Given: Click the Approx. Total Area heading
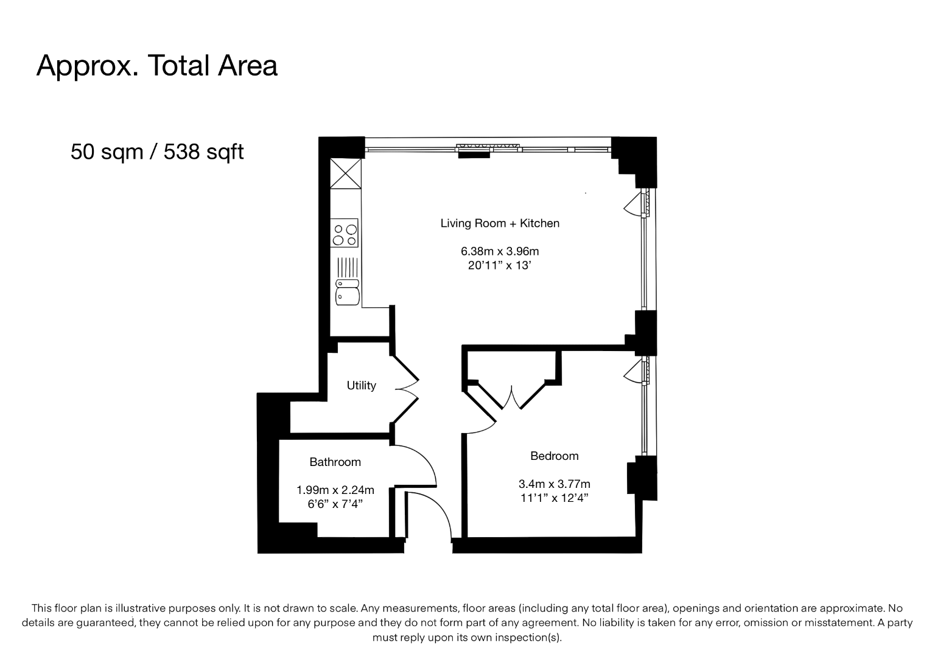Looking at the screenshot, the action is [157, 66].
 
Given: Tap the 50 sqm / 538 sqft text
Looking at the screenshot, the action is [157, 151].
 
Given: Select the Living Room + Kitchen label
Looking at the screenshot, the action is [500, 223].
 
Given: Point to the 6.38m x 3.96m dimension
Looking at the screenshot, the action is [500, 251].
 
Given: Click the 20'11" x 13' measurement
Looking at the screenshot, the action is [500, 265].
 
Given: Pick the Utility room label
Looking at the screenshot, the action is [362, 386].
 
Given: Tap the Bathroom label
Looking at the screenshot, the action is [335, 462].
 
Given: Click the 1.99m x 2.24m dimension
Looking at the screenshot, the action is [335, 490].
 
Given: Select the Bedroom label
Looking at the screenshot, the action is [555, 456].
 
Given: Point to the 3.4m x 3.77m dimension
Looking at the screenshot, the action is [555, 484].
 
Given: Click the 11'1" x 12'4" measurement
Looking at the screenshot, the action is [555, 498].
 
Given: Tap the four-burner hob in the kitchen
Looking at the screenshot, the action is [344, 233].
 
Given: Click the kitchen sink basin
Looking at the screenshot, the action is [348, 296].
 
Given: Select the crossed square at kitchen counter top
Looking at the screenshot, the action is [345, 173].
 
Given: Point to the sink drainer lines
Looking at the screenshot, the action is [348, 267].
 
